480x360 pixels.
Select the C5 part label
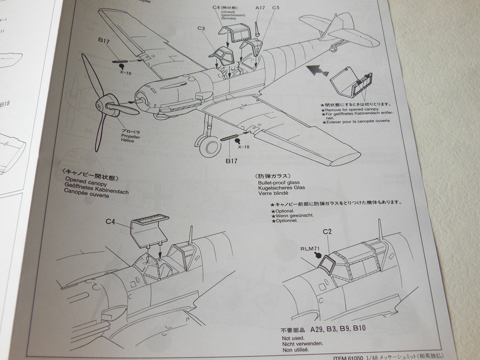click(276, 8)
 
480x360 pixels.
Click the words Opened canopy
click(82, 182)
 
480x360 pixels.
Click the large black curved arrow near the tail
click(316, 72)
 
